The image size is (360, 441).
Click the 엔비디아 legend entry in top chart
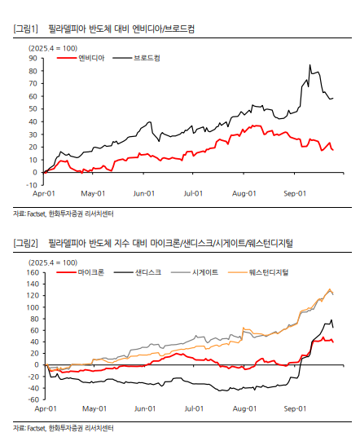click(81, 58)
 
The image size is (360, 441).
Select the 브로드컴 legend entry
click(136, 58)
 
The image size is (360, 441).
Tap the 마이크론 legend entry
click(81, 272)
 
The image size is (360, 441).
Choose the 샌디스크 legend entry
click(138, 272)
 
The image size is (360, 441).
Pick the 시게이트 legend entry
click(195, 272)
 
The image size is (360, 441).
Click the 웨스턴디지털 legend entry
click(258, 272)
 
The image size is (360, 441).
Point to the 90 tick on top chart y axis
click(33, 58)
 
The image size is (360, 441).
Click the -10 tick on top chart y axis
click(32, 185)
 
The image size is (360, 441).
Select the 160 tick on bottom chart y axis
click(33, 272)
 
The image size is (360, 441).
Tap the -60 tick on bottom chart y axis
click(33, 399)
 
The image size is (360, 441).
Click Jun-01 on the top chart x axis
click(144, 193)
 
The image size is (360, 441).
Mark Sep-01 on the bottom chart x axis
click(295, 408)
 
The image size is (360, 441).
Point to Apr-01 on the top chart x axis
click(44, 193)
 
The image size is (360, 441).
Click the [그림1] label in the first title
click(25, 29)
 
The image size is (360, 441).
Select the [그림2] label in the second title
click(25, 243)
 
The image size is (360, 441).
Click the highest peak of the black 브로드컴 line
click(310, 64)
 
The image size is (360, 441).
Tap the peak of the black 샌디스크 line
click(331, 320)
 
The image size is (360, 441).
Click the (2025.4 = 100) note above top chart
click(53, 48)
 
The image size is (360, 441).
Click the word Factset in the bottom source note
click(36, 428)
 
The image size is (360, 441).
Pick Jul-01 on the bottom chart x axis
click(194, 408)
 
